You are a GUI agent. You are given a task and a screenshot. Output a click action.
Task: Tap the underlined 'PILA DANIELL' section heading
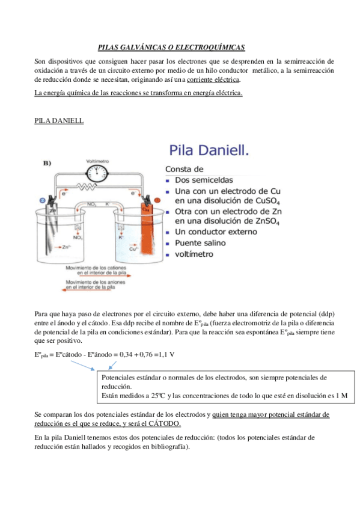pyautogui.click(x=59, y=121)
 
